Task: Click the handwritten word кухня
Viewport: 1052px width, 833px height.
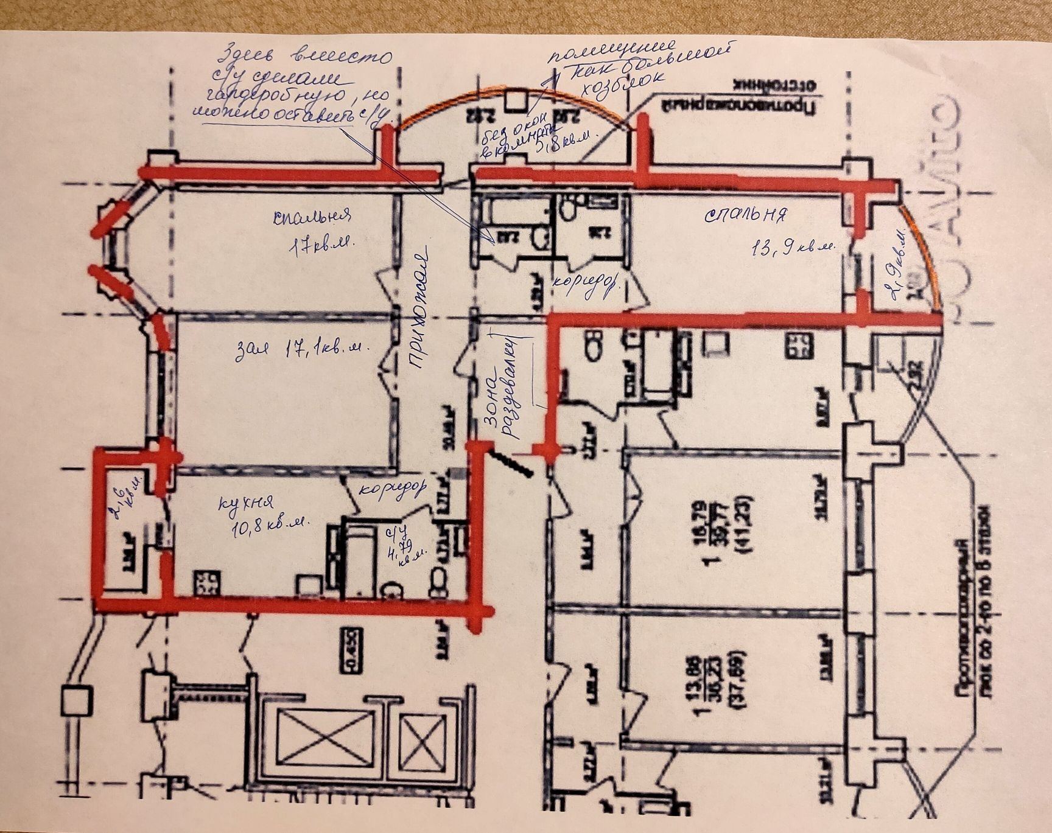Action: [x=246, y=503]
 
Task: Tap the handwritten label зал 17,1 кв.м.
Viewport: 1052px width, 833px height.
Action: [x=303, y=349]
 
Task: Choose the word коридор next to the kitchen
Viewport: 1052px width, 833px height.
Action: [x=390, y=489]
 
